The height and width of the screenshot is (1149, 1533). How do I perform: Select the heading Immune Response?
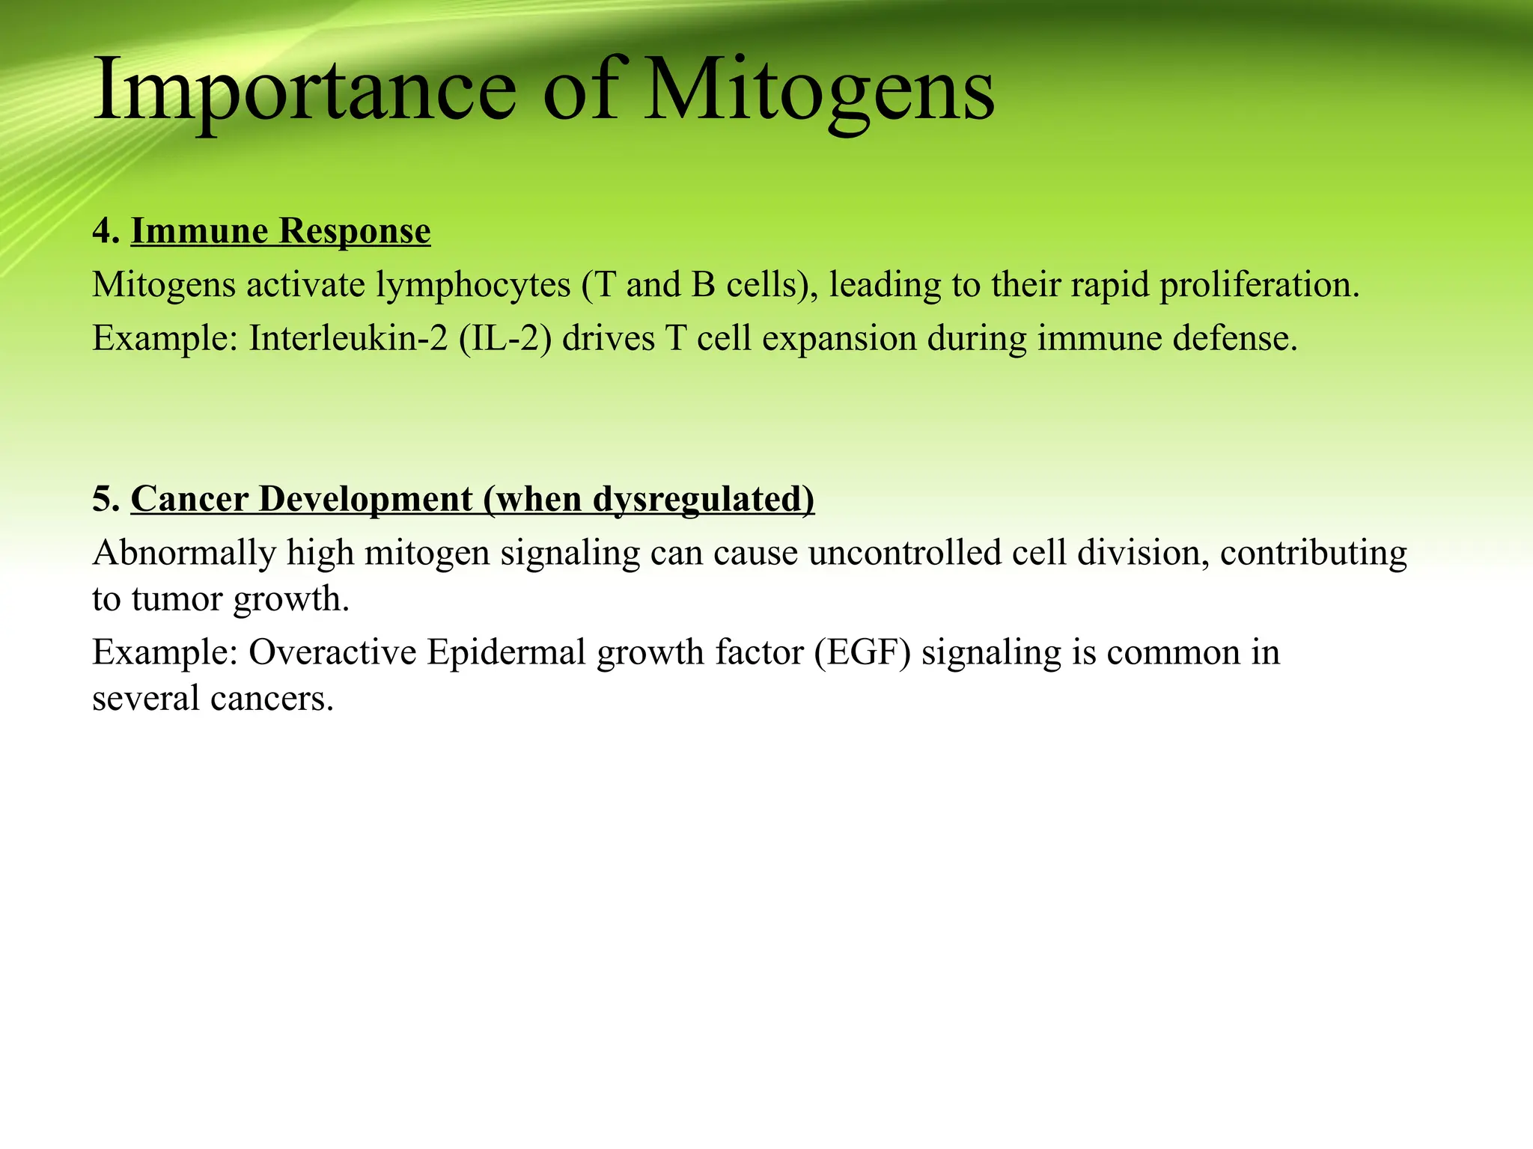pos(281,231)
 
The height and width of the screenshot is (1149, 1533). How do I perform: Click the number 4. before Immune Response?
pos(106,231)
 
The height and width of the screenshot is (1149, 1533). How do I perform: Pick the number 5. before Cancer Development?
pos(106,499)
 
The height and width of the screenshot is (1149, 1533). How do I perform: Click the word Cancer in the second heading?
pos(189,499)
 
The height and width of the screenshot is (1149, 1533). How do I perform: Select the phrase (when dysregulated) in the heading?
pos(648,499)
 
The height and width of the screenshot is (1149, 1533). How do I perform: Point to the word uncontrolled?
pos(904,554)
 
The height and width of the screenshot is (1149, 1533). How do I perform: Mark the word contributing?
pos(1313,554)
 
